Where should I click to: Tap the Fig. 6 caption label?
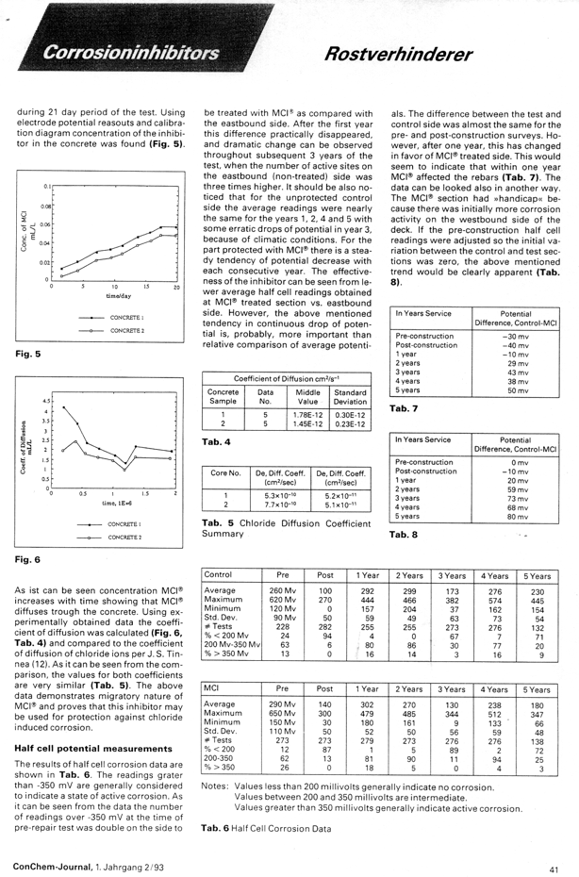26,559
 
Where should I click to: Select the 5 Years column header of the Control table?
537,574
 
